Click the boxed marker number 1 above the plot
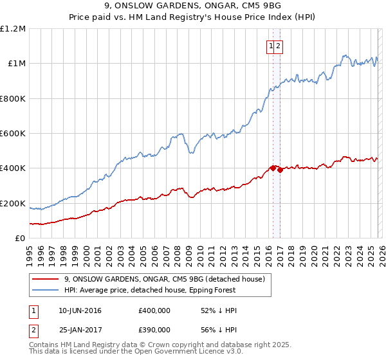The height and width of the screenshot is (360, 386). [271, 46]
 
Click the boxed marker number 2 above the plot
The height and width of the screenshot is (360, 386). [279, 46]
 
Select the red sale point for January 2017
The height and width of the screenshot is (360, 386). [280, 170]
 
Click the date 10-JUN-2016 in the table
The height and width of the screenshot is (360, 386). [80, 310]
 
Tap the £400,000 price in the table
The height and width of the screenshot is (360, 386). [154, 310]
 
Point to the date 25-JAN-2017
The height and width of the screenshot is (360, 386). [80, 328]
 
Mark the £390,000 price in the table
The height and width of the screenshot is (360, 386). [154, 328]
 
